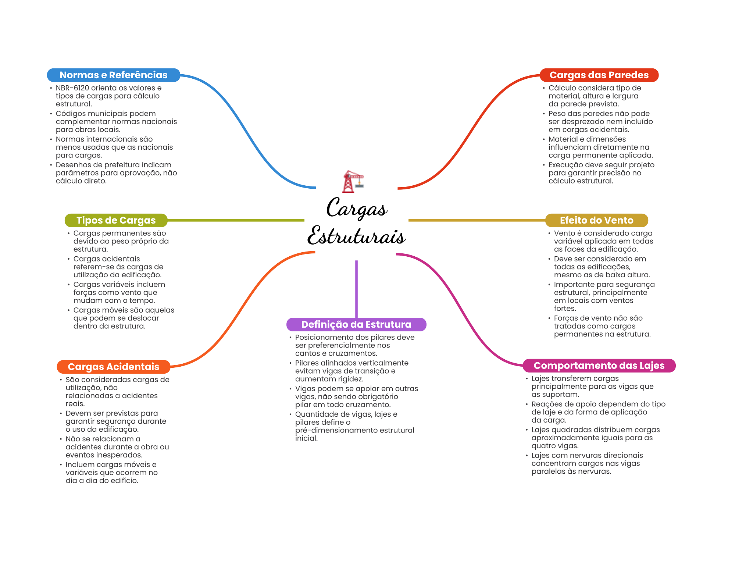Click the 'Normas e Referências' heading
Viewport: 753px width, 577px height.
click(x=113, y=75)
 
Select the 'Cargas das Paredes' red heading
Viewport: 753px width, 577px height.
click(x=599, y=75)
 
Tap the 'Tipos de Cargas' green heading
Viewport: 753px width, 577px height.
click(x=116, y=220)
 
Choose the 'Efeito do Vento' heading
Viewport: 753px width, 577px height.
click(x=596, y=220)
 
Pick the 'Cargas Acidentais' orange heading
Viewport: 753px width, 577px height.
click(x=113, y=367)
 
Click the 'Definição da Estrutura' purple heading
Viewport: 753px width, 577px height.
click(x=356, y=324)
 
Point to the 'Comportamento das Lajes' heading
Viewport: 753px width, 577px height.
click(x=599, y=366)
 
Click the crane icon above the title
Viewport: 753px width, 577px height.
click(x=352, y=181)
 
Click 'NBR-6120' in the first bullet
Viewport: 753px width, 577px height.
click(x=72, y=88)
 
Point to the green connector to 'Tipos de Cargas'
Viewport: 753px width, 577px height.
click(x=235, y=220)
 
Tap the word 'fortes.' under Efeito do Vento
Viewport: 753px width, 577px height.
click(x=565, y=309)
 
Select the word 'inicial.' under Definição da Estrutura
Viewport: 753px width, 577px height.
click(x=306, y=438)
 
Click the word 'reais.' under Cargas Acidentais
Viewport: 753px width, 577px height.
click(x=75, y=404)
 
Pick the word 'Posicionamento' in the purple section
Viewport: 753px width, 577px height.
click(x=321, y=337)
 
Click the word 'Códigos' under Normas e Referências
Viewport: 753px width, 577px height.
click(x=69, y=114)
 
